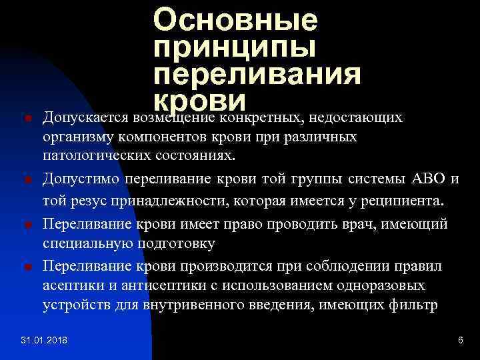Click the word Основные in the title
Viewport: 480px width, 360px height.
click(235, 21)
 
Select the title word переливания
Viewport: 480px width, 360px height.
click(257, 75)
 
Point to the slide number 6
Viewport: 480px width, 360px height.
click(460, 341)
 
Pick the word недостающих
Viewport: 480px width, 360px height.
click(365, 118)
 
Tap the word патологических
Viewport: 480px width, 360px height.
click(92, 157)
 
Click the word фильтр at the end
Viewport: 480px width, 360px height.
click(418, 307)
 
